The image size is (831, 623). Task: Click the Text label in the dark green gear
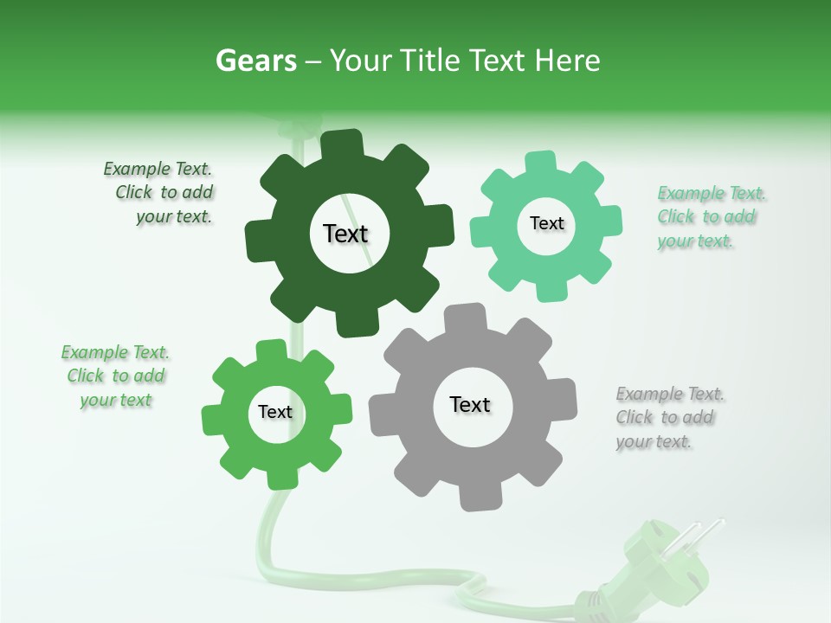[345, 234]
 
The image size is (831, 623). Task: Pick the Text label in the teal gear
[546, 223]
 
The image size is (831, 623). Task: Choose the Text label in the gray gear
[470, 404]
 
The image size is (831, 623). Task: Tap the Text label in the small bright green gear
[275, 412]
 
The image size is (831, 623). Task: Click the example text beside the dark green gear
[161, 193]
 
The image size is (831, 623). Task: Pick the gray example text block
[668, 418]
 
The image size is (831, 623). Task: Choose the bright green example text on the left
[115, 376]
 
